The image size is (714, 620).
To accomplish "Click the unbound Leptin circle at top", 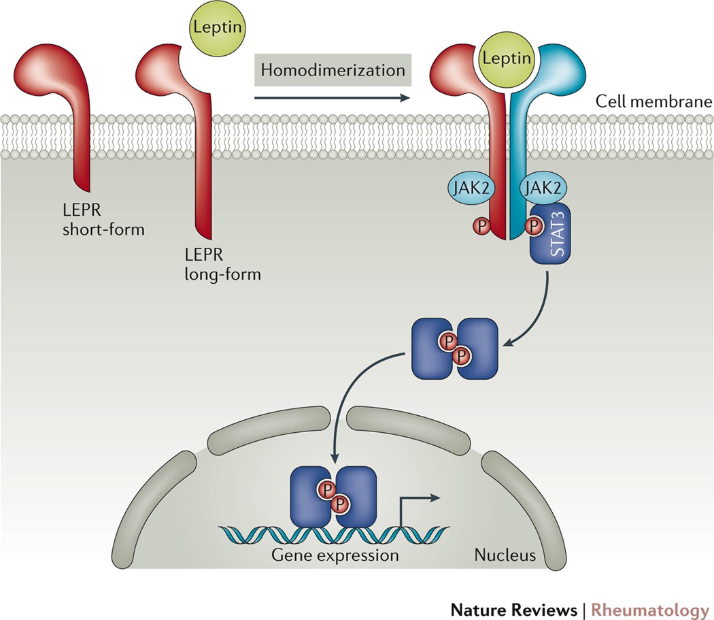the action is [x=217, y=28].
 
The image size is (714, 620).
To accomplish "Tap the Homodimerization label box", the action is [x=333, y=69].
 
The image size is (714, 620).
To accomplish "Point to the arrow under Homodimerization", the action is [x=333, y=97].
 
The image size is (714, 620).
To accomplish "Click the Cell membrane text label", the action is [x=654, y=101].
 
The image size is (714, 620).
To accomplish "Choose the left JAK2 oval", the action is [x=471, y=188].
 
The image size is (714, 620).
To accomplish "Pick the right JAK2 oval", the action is [x=543, y=188].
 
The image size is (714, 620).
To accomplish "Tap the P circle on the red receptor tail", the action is [x=481, y=226].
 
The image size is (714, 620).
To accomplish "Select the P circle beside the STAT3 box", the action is [x=534, y=226].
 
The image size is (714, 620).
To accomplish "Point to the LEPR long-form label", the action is [x=222, y=265].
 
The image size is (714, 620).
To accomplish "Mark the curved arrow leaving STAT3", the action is [x=540, y=314].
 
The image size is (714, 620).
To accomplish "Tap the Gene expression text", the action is [x=335, y=555].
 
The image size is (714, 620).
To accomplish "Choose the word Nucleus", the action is [x=505, y=555].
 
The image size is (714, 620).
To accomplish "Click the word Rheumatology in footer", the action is [x=650, y=610].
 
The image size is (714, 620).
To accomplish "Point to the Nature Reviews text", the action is [x=514, y=610].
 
